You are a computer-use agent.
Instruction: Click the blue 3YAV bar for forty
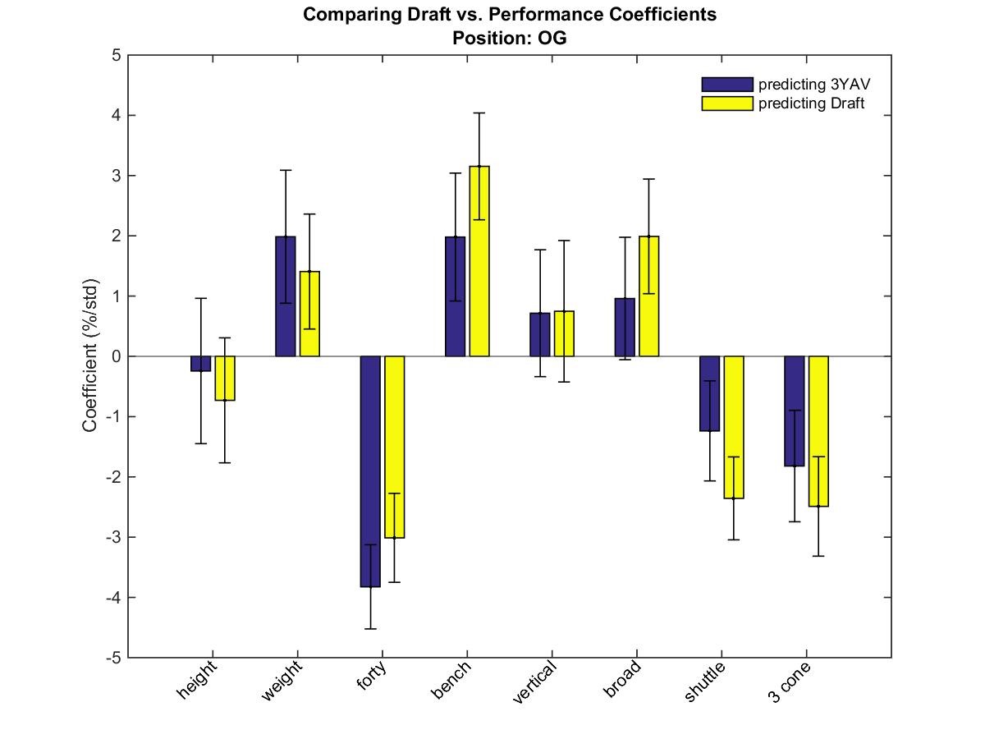point(370,471)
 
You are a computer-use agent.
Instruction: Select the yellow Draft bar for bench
point(479,261)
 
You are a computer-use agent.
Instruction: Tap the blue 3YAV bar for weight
point(286,296)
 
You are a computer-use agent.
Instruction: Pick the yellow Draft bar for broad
point(649,296)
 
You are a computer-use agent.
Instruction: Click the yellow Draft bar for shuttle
point(734,427)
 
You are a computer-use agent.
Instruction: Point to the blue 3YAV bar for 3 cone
point(795,411)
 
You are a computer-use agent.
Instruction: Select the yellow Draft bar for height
point(225,379)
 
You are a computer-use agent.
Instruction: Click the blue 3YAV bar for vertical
point(540,335)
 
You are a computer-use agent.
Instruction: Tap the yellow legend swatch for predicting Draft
point(727,103)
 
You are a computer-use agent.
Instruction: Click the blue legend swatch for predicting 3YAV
point(727,85)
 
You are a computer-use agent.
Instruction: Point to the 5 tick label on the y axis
point(117,56)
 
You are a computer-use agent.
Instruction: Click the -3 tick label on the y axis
point(113,537)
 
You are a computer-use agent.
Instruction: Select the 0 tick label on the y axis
point(117,356)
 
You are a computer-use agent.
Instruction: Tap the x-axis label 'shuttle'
point(704,682)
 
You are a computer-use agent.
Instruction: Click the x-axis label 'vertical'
point(534,682)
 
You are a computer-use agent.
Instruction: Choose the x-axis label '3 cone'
point(789,682)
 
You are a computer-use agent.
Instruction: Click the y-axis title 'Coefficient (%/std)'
point(89,356)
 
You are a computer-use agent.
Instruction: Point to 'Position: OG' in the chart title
point(510,38)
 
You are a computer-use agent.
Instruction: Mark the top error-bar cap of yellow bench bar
point(479,113)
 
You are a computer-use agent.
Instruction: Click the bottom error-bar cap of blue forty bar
point(370,629)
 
